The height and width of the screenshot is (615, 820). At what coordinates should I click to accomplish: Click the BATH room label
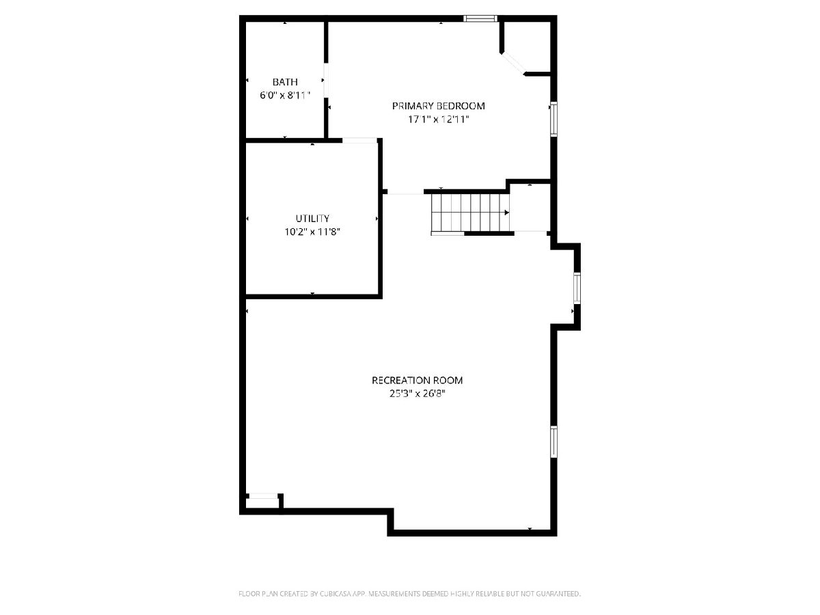coord(285,82)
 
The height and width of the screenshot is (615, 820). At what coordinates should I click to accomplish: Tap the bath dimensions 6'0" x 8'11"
coord(285,95)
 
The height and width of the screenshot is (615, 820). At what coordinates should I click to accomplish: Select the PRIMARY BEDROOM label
coord(438,106)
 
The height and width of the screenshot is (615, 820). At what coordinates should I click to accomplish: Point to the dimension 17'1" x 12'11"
coord(438,120)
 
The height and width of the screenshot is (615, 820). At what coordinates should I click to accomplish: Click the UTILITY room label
coord(312,219)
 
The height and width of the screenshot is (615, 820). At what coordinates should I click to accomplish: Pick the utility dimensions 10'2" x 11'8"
coord(312,232)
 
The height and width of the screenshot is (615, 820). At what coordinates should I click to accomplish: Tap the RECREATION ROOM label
coord(417,380)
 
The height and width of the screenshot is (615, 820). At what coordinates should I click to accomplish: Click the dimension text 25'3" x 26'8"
coord(418,394)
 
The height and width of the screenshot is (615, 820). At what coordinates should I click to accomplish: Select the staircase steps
coord(470,213)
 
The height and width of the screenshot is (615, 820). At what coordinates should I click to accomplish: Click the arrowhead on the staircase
coord(507,213)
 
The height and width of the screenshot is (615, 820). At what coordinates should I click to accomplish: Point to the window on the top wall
coord(480,18)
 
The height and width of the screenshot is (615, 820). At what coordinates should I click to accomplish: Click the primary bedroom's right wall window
coord(553,119)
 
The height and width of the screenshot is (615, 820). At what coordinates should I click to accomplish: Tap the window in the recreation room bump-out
coord(577,288)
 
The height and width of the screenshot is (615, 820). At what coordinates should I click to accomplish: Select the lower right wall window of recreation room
coord(553,441)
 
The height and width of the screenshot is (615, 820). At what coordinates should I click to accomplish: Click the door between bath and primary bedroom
coord(326,81)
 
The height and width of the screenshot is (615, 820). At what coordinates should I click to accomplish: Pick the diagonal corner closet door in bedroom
coord(513,63)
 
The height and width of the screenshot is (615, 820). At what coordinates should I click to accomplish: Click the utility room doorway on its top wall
coord(359,140)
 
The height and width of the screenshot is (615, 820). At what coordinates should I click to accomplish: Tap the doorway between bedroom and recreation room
coord(405,192)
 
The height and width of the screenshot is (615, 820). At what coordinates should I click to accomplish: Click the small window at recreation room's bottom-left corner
coord(263,496)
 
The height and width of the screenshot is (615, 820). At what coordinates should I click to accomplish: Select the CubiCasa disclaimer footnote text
coord(409,593)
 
